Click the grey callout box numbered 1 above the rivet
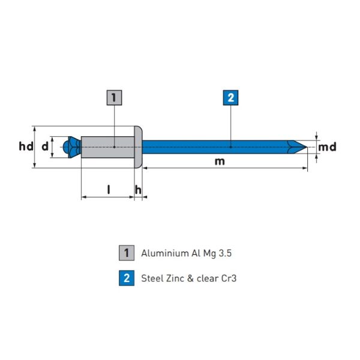pyautogui.click(x=114, y=97)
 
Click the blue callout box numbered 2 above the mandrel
pyautogui.click(x=230, y=97)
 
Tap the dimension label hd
pyautogui.click(x=26, y=146)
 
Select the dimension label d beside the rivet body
pyautogui.click(x=44, y=146)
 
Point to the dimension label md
pyautogui.click(x=327, y=147)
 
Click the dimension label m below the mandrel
pyautogui.click(x=220, y=161)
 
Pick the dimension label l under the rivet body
pyautogui.click(x=109, y=190)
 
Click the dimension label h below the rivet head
pyautogui.click(x=138, y=190)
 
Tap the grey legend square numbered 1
pyautogui.click(x=126, y=253)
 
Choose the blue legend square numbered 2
pyautogui.click(x=126, y=278)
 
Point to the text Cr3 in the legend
pyautogui.click(x=229, y=278)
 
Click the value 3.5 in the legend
pyautogui.click(x=224, y=253)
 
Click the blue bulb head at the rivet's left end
pyautogui.click(x=71, y=147)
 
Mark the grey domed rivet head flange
pyautogui.click(x=138, y=146)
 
